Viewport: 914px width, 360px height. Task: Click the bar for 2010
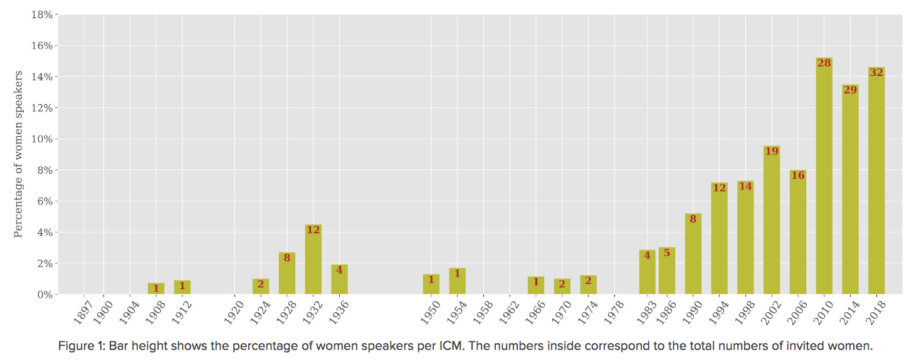point(824,182)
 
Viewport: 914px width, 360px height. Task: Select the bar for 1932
point(313,263)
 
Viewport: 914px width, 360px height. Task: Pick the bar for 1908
point(156,289)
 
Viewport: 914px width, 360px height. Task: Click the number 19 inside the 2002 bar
point(772,151)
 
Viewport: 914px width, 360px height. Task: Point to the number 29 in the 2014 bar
point(850,90)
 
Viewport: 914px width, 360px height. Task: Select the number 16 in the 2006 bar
point(797,175)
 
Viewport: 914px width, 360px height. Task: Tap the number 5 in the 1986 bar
point(667,253)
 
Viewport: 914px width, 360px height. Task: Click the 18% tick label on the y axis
point(41,14)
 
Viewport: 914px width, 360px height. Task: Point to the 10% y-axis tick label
point(41,139)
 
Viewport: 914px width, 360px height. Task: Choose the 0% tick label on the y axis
point(44,294)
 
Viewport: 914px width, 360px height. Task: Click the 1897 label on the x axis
point(83,312)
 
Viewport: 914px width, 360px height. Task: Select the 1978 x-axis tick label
point(614,312)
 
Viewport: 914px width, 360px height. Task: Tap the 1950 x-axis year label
point(430,312)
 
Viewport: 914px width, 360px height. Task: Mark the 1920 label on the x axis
point(233,312)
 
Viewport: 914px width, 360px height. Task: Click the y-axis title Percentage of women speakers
point(18,154)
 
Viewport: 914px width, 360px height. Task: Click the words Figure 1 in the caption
point(78,346)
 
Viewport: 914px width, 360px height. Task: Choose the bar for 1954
point(458,282)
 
